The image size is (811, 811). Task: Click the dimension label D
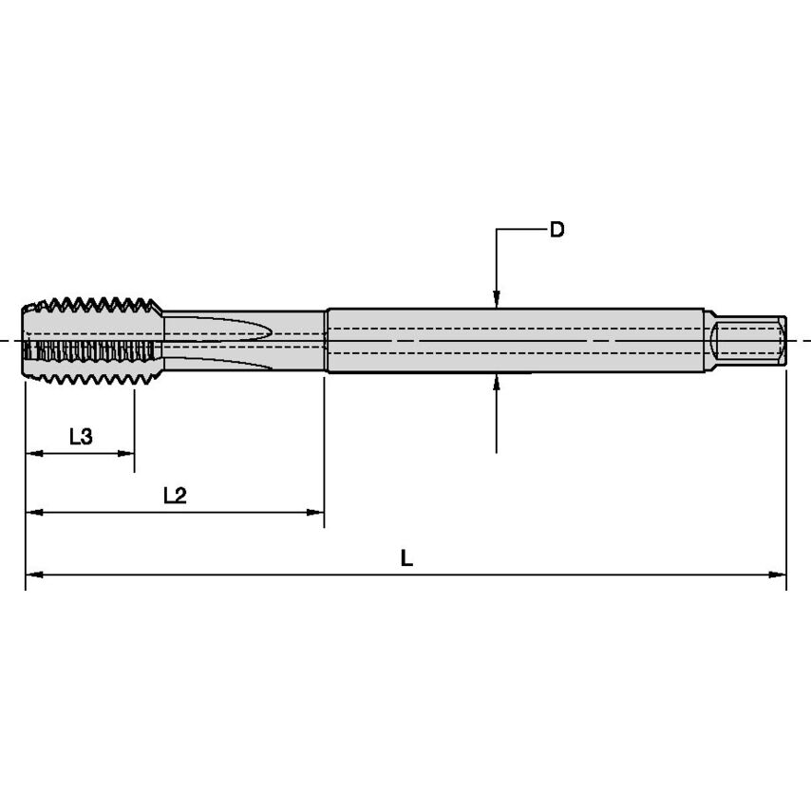(557, 230)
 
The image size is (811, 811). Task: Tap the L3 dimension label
(81, 437)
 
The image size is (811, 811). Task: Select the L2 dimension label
(175, 495)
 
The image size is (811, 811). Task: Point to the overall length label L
(406, 558)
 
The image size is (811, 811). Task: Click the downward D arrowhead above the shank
(497, 300)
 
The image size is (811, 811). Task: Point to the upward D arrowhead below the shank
(497, 383)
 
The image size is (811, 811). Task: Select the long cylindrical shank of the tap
(513, 340)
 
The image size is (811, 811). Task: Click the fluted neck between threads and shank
(245, 340)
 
